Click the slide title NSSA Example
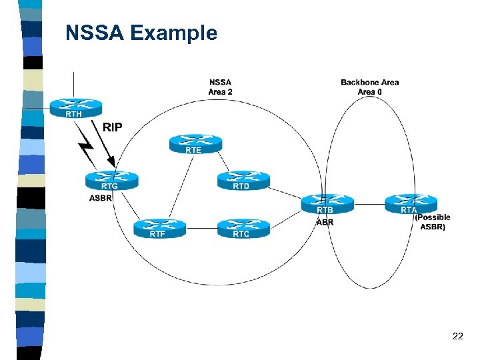click(x=141, y=33)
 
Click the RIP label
click(x=113, y=127)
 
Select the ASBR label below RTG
click(x=101, y=198)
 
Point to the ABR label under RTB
click(x=325, y=222)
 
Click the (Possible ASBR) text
click(x=433, y=222)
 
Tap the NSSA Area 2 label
click(x=221, y=87)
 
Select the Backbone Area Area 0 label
click(x=369, y=87)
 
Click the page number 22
click(x=457, y=336)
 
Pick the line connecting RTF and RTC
click(x=201, y=228)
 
